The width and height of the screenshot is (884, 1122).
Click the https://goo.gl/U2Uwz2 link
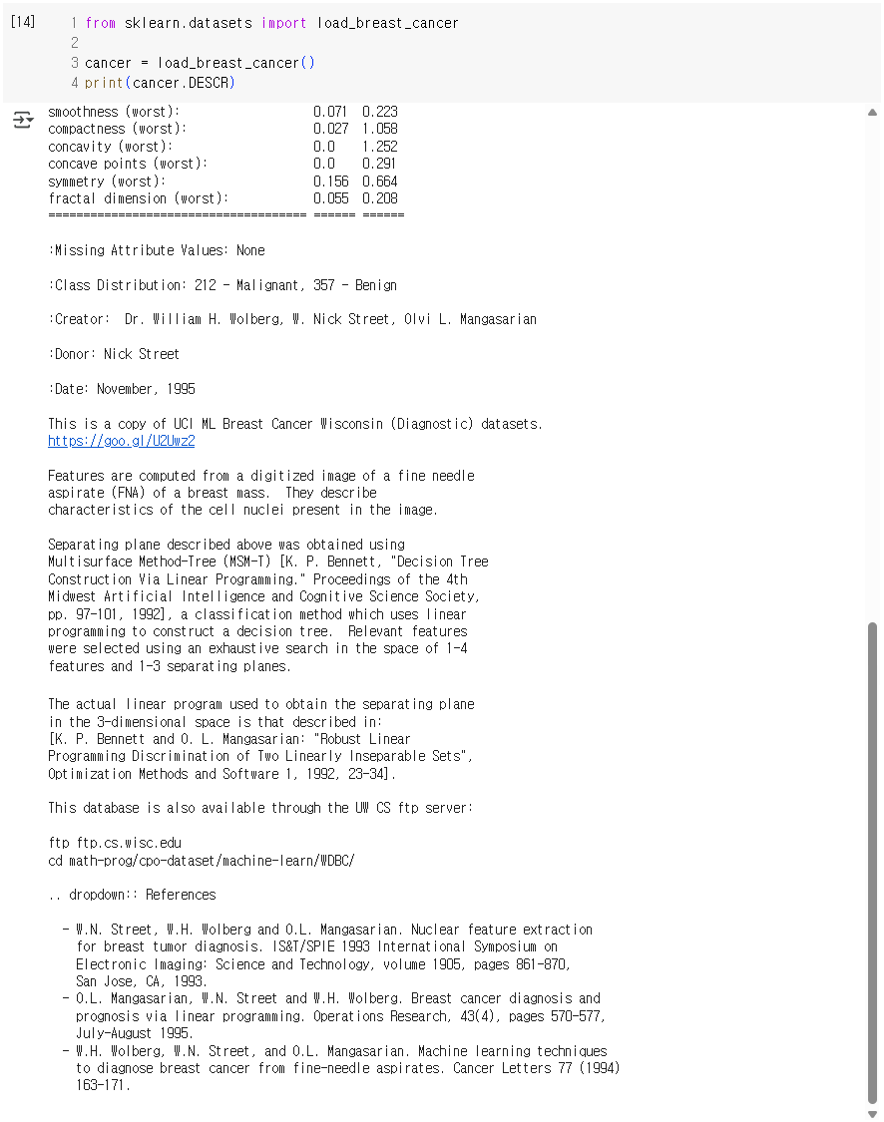pyautogui.click(x=121, y=441)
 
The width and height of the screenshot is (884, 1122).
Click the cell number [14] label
pyautogui.click(x=22, y=22)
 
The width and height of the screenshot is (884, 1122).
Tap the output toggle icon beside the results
pyautogui.click(x=22, y=121)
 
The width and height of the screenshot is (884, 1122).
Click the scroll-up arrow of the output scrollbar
pyautogui.click(x=873, y=113)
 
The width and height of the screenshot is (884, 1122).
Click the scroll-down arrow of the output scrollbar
pyautogui.click(x=873, y=1113)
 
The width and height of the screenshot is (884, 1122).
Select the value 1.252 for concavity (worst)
pyautogui.click(x=379, y=147)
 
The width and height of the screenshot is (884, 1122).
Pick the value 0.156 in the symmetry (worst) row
pyautogui.click(x=330, y=182)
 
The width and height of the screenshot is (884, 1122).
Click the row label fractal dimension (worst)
pyautogui.click(x=138, y=198)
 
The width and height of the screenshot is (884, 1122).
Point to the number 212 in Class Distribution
pyautogui.click(x=207, y=285)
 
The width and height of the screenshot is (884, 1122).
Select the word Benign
pyautogui.click(x=375, y=285)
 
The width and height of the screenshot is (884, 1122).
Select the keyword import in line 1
pyautogui.click(x=284, y=23)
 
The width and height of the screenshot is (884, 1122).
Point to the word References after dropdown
pyautogui.click(x=181, y=895)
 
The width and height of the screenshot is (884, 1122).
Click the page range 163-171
pyautogui.click(x=103, y=1085)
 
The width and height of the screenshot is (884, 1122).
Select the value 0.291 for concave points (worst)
pyautogui.click(x=379, y=164)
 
